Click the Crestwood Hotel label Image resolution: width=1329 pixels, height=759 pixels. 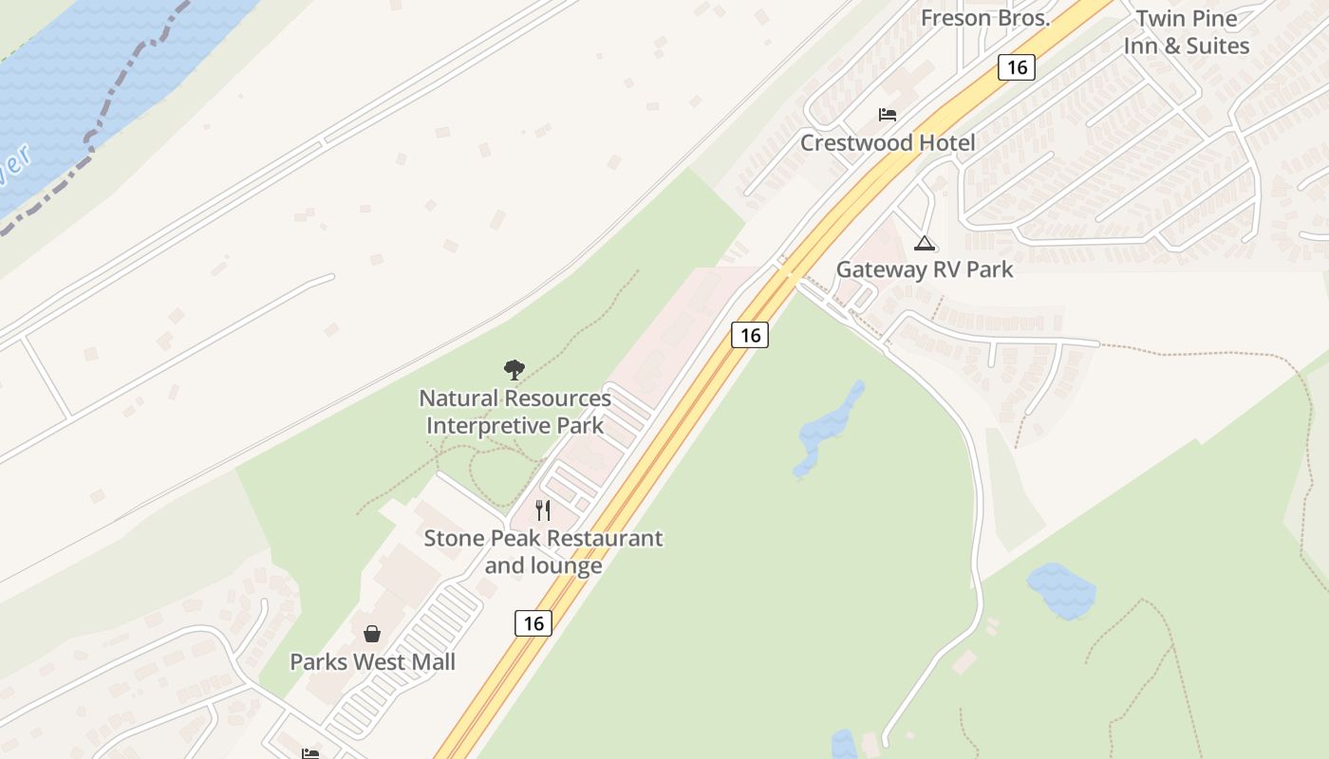tap(887, 143)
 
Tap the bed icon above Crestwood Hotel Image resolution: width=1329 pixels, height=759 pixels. tap(888, 115)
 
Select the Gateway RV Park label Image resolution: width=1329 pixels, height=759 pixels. tap(924, 269)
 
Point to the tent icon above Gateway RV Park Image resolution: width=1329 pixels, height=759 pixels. tap(924, 243)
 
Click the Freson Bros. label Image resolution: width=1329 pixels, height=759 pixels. tap(985, 18)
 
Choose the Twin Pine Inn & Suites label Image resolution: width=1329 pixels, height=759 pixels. tap(1186, 32)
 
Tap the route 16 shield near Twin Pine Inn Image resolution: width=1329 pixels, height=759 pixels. tap(1016, 66)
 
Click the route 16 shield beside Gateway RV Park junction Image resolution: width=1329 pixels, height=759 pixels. tap(750, 335)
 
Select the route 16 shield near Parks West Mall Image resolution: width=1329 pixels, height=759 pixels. tap(533, 622)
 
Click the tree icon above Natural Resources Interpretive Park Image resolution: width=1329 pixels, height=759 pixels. tap(515, 369)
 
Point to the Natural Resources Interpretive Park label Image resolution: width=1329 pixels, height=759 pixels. tap(515, 412)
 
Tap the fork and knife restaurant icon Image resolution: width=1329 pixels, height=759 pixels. tap(543, 509)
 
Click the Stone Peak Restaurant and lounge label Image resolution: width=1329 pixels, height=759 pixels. tap(543, 551)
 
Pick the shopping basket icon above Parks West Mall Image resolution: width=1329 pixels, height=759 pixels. tap(372, 633)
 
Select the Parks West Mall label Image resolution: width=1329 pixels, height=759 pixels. tap(372, 662)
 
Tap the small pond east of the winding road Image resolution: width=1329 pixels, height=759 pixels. tap(1061, 590)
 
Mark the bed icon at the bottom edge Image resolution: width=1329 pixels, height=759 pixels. tap(310, 753)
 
